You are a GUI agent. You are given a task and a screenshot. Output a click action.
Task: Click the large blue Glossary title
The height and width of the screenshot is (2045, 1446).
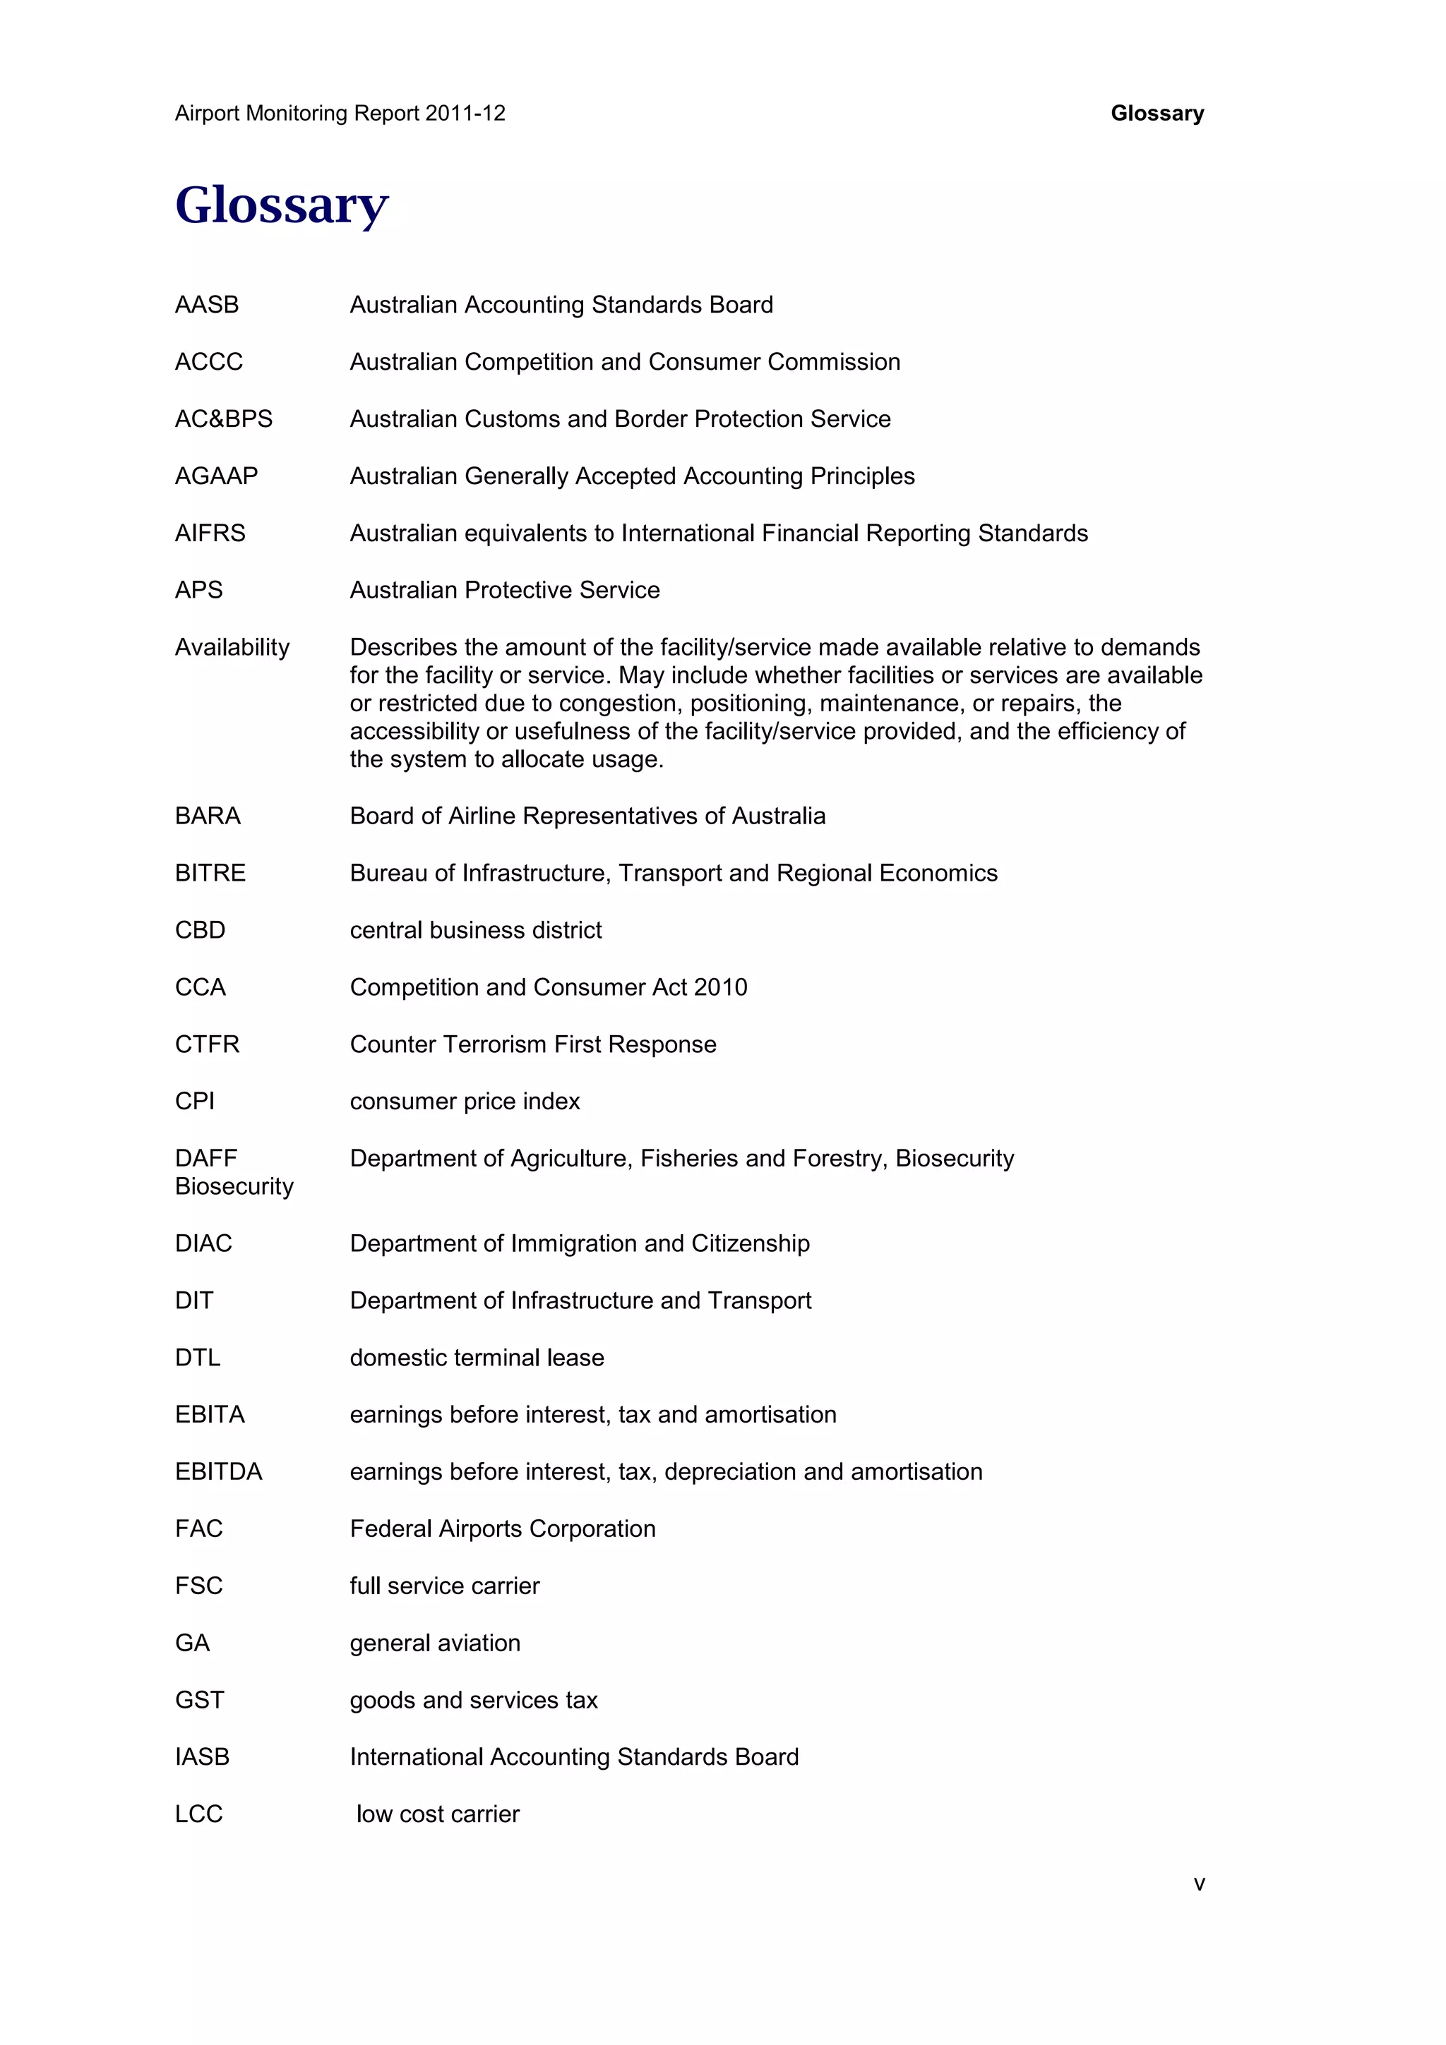pyautogui.click(x=282, y=206)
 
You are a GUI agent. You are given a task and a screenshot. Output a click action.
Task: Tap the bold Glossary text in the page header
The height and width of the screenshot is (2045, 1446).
pyautogui.click(x=1157, y=113)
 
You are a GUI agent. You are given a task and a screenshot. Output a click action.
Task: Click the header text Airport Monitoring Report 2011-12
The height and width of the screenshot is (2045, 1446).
pyautogui.click(x=340, y=113)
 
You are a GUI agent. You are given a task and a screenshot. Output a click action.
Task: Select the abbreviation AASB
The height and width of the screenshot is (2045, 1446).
pyautogui.click(x=207, y=305)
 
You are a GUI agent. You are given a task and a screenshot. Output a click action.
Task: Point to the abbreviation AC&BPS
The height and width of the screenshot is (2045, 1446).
pyautogui.click(x=224, y=418)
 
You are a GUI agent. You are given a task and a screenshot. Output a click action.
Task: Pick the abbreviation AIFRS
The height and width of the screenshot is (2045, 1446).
pyautogui.click(x=210, y=533)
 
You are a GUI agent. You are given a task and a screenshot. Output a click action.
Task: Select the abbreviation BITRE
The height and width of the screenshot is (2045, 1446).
pyautogui.click(x=210, y=873)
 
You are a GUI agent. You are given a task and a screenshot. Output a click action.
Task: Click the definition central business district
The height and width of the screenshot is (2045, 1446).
pyautogui.click(x=476, y=930)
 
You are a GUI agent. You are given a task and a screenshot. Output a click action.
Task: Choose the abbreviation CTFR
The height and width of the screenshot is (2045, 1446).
pyautogui.click(x=207, y=1044)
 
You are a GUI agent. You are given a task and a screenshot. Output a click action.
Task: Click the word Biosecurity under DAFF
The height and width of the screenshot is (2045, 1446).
pyautogui.click(x=234, y=1186)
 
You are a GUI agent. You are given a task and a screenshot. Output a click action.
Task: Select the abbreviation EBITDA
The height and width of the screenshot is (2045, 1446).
pyautogui.click(x=218, y=1471)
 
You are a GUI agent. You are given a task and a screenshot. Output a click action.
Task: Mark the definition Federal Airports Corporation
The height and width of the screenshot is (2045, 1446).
pyautogui.click(x=503, y=1528)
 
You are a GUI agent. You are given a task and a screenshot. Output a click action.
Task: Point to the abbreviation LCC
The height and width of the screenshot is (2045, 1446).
pyautogui.click(x=198, y=1814)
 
